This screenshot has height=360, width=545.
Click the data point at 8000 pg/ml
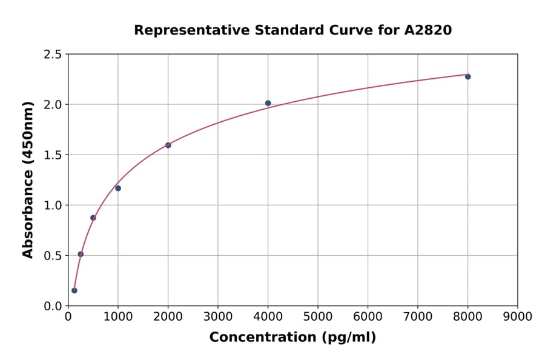tap(467, 76)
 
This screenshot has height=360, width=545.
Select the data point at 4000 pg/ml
tap(268, 103)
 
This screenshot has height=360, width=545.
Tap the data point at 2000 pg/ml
tap(168, 145)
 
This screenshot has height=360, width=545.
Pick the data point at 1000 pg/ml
tap(118, 188)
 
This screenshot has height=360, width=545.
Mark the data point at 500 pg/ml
tap(93, 218)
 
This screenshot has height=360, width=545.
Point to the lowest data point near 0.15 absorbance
tap(74, 290)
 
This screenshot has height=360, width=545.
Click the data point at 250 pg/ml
tap(81, 254)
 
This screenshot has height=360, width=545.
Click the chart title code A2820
tap(428, 30)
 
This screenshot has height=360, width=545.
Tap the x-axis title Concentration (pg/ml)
tap(292, 338)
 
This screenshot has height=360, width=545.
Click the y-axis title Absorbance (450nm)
tap(28, 180)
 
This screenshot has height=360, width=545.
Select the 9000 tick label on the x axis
tap(517, 317)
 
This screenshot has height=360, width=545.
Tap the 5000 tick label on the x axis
tap(317, 317)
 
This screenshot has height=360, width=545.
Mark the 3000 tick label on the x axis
tap(217, 317)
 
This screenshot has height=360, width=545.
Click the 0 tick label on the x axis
tap(68, 317)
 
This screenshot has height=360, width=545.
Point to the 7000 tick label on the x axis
tap(417, 317)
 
